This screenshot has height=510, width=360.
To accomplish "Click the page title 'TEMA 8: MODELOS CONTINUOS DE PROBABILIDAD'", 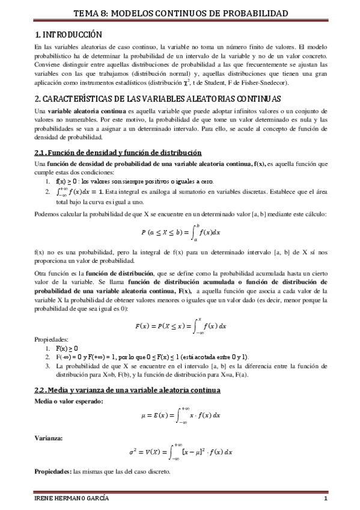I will point(180,12).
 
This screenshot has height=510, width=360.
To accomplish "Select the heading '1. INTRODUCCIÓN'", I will point(69,35).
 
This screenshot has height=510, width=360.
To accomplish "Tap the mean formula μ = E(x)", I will point(180,415).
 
